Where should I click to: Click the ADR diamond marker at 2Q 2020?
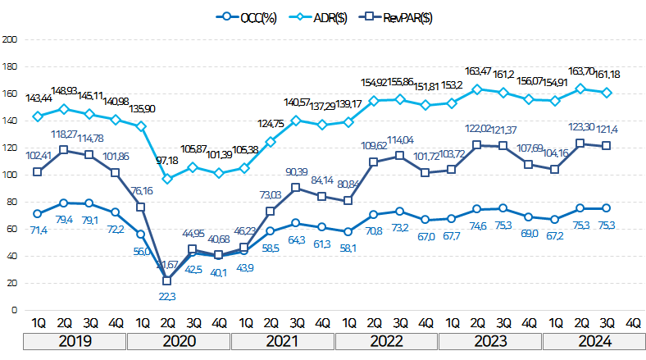(x=166, y=179)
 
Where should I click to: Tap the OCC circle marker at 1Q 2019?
(x=37, y=214)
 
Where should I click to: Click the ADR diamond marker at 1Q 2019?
(x=37, y=116)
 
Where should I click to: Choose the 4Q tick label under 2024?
(x=632, y=323)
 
